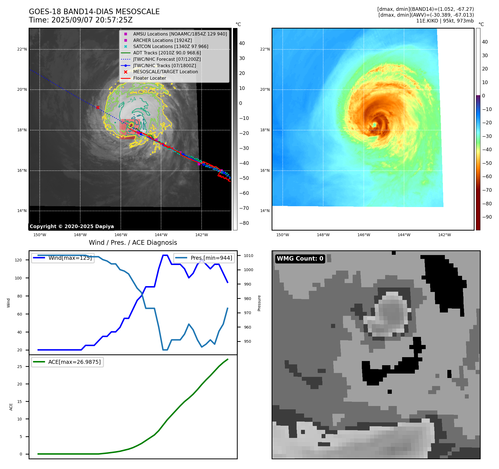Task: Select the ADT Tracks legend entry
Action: pyautogui.click(x=161, y=53)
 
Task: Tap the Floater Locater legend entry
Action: pyautogui.click(x=144, y=78)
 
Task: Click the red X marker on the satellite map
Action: pyautogui.click(x=98, y=107)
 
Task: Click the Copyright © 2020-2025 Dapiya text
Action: pyautogui.click(x=72, y=226)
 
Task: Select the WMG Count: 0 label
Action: pyautogui.click(x=300, y=259)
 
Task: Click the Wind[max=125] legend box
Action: pyautogui.click(x=63, y=258)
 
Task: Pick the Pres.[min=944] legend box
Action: pyautogui.click(x=204, y=258)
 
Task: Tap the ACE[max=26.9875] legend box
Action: pyautogui.click(x=67, y=362)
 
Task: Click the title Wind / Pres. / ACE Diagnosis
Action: pyautogui.click(x=133, y=243)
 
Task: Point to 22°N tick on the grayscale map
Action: pyautogui.click(x=22, y=49)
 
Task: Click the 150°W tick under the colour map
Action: pyautogui.click(x=283, y=235)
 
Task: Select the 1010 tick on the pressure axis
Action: pyautogui.click(x=249, y=256)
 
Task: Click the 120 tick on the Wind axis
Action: pyautogui.click(x=18, y=260)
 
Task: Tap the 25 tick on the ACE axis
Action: pyautogui.click(x=19, y=367)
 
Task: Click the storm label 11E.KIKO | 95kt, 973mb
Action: pyautogui.click(x=445, y=21)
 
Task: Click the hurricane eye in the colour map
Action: pyautogui.click(x=374, y=125)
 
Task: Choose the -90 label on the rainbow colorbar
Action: pyautogui.click(x=487, y=217)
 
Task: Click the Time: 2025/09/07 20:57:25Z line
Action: pyautogui.click(x=81, y=20)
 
